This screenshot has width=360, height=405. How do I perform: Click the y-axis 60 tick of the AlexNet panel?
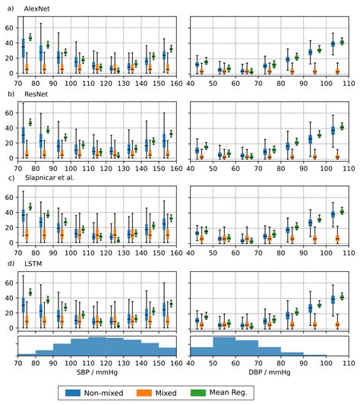coord(9,27)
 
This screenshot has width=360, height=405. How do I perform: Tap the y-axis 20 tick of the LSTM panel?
coord(9,313)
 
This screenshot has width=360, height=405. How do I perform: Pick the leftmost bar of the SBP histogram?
coord(27,353)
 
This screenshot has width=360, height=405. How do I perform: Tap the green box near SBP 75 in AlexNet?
coord(30,37)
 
